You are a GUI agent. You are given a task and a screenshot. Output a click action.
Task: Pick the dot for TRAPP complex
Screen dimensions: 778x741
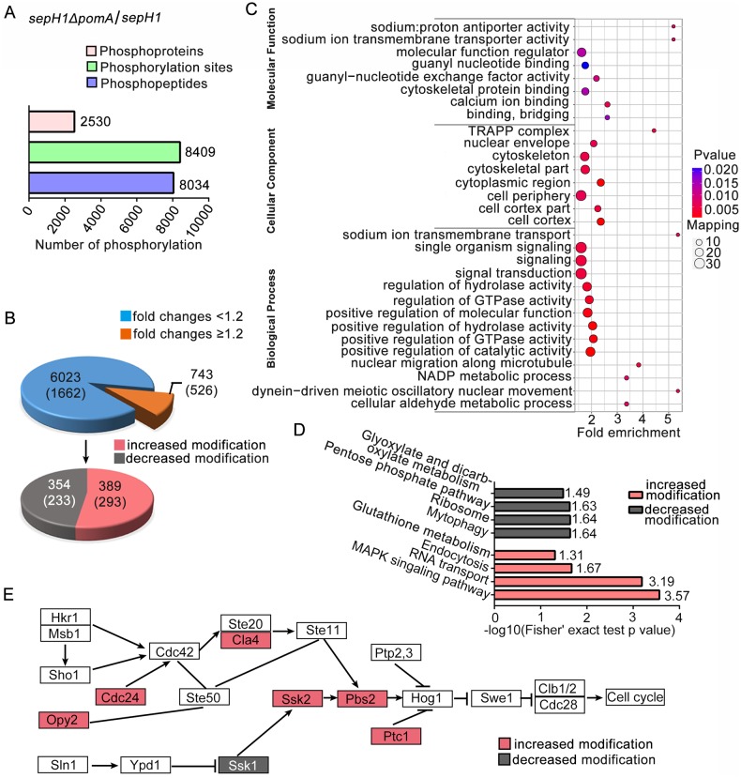[x=654, y=130]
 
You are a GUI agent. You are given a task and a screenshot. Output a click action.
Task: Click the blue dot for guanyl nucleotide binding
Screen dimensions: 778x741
[x=584, y=66]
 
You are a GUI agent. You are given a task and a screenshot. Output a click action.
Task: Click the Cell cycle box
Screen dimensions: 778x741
[x=634, y=696]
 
